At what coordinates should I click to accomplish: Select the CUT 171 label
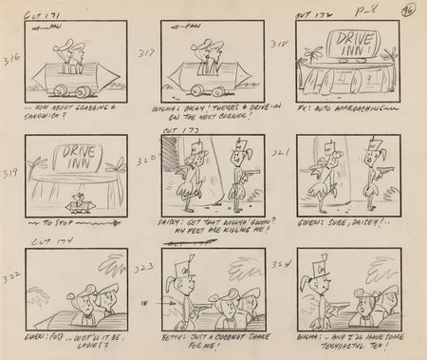point(44,14)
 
